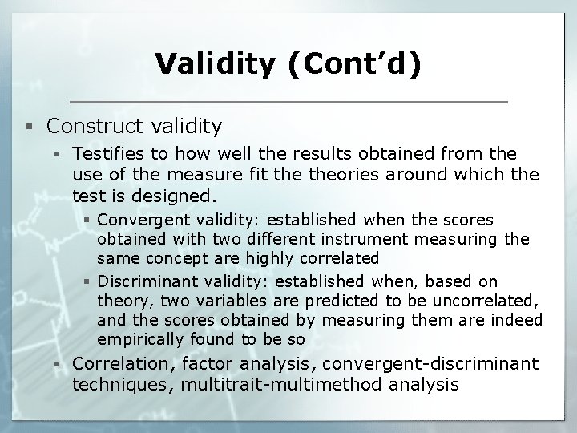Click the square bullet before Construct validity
click(x=30, y=126)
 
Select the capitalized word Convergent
click(x=138, y=219)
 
